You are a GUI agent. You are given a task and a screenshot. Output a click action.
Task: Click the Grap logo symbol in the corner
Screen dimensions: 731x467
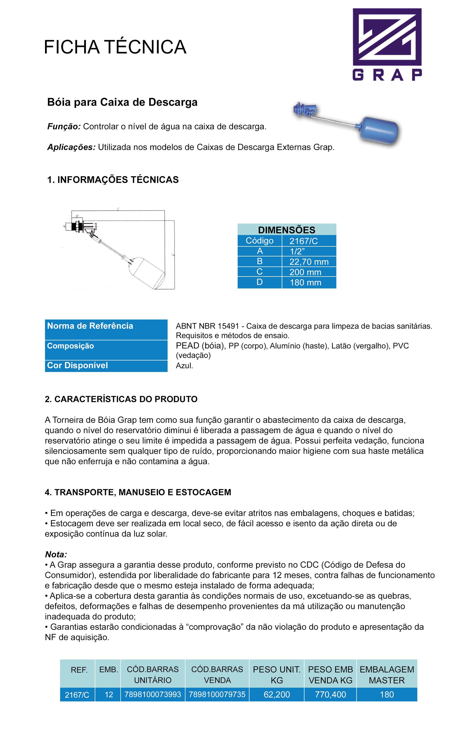[x=387, y=37]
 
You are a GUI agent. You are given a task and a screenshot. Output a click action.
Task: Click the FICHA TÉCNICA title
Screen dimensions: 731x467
[x=115, y=47]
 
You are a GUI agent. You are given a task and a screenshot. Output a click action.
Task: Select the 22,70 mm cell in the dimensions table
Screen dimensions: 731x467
[x=309, y=262]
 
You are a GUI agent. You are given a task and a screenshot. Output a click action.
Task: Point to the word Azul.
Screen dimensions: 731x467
[x=184, y=366]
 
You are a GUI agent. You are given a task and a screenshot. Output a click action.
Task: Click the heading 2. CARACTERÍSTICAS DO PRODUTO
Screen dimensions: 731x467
[x=121, y=399]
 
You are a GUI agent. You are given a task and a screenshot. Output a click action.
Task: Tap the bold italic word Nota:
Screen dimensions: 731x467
[x=56, y=555]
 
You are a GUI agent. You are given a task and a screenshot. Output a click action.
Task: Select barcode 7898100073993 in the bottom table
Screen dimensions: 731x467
[x=153, y=695]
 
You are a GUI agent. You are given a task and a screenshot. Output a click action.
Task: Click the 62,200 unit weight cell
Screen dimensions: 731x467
[x=277, y=695]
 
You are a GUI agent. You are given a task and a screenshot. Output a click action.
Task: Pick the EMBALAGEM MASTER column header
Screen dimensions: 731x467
[x=386, y=675]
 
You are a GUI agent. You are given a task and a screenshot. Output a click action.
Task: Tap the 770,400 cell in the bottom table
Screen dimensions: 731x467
[x=330, y=695]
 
